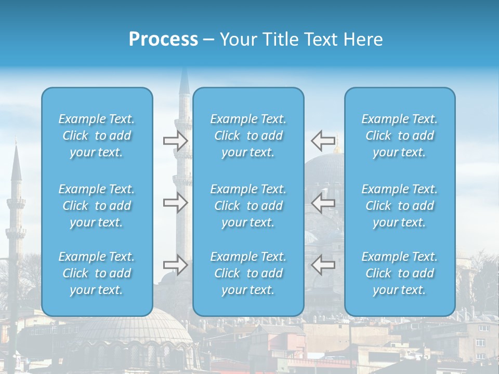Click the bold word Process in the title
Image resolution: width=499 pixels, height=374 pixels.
(x=163, y=39)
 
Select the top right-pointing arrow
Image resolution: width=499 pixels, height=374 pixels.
(x=175, y=141)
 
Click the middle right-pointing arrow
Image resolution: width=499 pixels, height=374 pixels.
(x=175, y=203)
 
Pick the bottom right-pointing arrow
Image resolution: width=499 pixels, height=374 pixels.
(x=175, y=265)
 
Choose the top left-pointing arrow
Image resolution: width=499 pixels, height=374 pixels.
(x=323, y=141)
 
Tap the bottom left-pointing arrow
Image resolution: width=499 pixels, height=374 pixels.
(x=323, y=265)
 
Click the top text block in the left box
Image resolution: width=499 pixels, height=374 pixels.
(x=97, y=136)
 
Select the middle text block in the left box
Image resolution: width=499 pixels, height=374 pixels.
(x=97, y=206)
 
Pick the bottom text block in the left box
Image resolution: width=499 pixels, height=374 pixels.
(x=97, y=273)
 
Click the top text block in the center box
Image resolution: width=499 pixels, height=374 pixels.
(x=248, y=136)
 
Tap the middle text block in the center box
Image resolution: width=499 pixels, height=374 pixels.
(x=248, y=206)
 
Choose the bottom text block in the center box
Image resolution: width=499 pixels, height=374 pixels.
(x=248, y=273)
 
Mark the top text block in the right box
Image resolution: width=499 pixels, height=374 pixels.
(x=400, y=136)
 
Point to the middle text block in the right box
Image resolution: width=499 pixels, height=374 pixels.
(x=400, y=206)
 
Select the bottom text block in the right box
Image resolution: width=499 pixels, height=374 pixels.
(x=400, y=273)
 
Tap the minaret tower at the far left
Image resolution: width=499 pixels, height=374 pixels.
(x=16, y=208)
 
